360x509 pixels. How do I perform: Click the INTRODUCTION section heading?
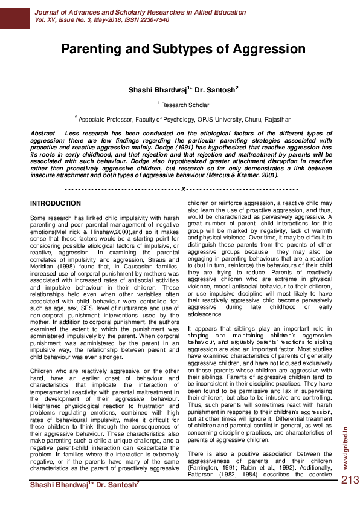(x=55, y=203)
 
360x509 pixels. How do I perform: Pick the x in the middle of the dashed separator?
(x=182, y=189)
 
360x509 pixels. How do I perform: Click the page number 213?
(x=350, y=481)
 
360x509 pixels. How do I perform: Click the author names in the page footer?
(x=85, y=484)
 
